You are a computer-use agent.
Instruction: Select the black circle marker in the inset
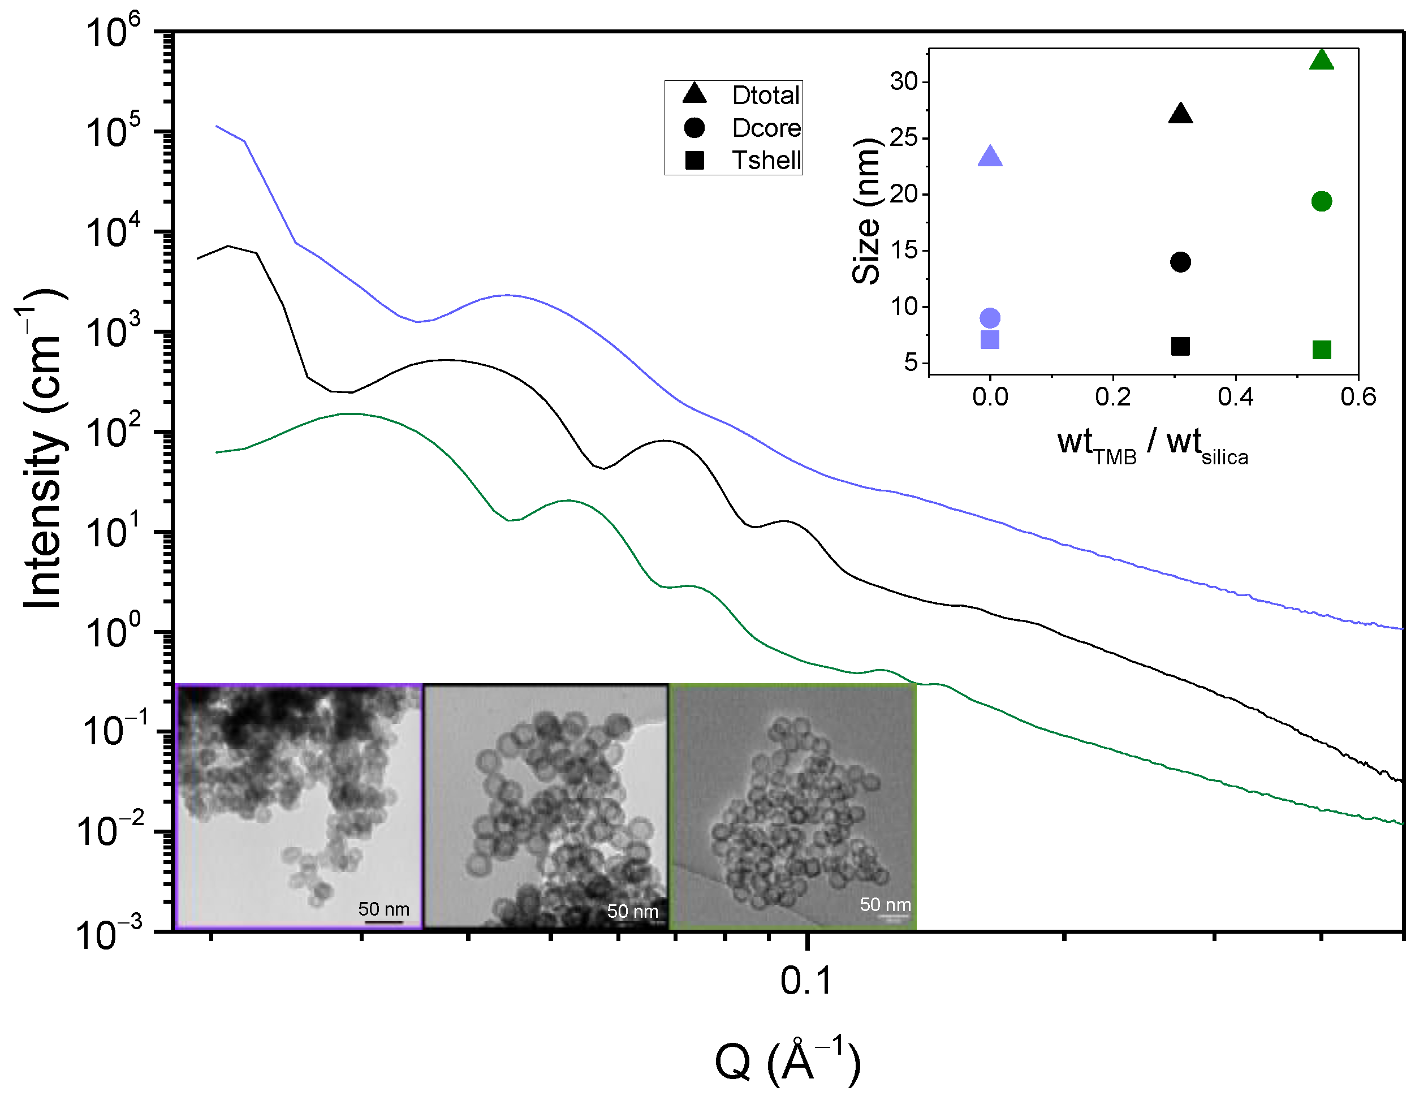(1180, 262)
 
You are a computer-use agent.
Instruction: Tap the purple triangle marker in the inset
(990, 157)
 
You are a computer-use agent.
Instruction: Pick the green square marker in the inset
(1322, 350)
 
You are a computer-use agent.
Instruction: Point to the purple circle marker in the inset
(990, 318)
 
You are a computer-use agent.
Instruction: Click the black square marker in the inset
(1180, 347)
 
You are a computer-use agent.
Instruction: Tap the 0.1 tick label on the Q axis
(806, 981)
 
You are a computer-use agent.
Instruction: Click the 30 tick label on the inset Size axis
(904, 81)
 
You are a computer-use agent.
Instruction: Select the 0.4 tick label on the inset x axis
(1236, 396)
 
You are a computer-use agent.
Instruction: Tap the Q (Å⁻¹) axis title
(787, 1060)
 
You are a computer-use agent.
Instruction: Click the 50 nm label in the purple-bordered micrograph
(383, 909)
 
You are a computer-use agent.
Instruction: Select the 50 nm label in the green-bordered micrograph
(885, 904)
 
